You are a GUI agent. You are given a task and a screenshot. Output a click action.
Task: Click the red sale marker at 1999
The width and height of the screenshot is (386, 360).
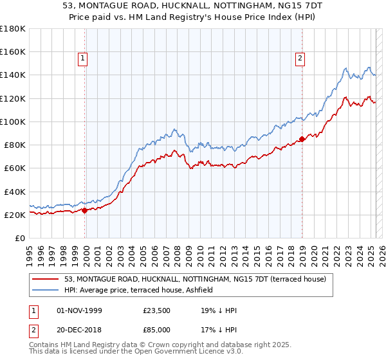tap(85, 210)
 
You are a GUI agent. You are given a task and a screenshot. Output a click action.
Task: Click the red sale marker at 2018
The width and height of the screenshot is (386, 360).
tap(302, 139)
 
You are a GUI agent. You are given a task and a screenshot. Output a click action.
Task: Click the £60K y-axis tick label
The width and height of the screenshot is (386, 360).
tap(14, 168)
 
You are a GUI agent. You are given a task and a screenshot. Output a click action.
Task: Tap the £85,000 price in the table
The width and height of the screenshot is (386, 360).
tap(156, 329)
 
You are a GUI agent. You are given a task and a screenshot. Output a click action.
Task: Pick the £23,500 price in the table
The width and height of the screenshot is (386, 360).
tap(156, 311)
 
